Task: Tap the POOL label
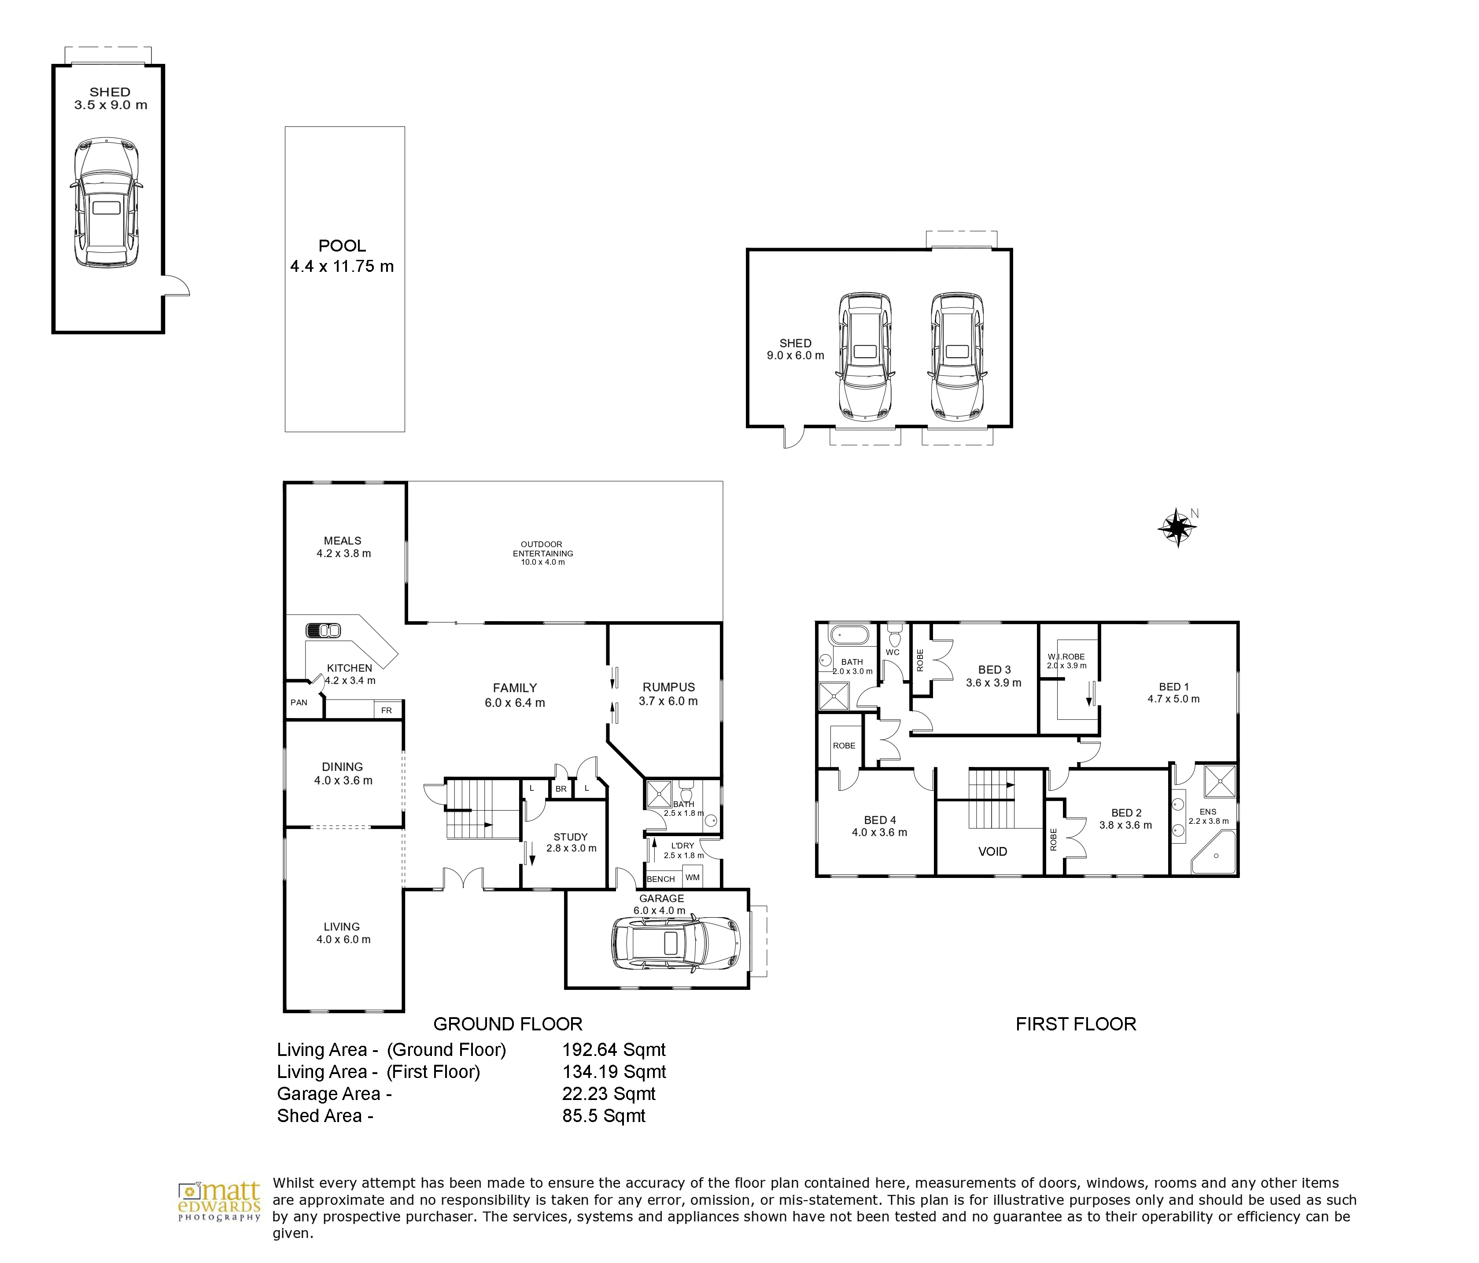pos(342,246)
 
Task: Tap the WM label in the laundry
pos(693,878)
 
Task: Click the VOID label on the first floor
pos(992,852)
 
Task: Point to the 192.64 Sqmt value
pos(614,1049)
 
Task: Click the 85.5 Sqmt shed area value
pos(604,1116)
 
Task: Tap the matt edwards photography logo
pos(219,1202)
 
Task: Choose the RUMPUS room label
pos(668,687)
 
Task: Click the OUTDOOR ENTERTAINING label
pos(542,548)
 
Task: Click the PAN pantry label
pos(299,703)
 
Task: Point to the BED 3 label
pos(994,670)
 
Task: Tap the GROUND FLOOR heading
pos(508,1024)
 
